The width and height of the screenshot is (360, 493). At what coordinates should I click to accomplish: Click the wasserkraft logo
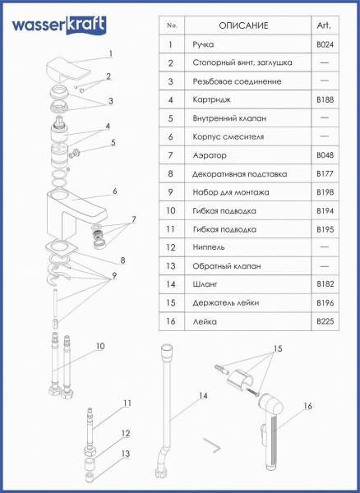click(x=59, y=25)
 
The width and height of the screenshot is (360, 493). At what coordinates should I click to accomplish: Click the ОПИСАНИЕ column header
click(x=243, y=25)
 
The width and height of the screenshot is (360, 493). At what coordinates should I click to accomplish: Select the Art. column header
click(x=324, y=25)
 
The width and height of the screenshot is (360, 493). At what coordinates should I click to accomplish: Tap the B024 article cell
click(x=325, y=44)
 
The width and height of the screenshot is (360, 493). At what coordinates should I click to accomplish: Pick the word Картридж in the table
click(x=211, y=100)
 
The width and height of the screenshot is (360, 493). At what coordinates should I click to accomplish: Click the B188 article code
click(x=325, y=100)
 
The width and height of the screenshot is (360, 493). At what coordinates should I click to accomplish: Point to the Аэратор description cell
click(x=210, y=155)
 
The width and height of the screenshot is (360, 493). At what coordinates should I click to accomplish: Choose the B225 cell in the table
click(x=325, y=321)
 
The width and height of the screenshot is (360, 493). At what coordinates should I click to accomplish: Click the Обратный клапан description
click(x=227, y=266)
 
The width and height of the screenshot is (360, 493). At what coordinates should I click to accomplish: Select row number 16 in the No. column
click(x=170, y=321)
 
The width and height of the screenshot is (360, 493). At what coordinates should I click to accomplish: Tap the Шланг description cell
click(x=205, y=284)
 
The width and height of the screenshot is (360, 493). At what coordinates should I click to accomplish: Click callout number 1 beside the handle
click(x=110, y=53)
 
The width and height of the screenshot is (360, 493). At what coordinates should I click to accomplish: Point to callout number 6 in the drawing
click(x=115, y=191)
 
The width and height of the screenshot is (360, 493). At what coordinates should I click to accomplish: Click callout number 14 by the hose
click(x=203, y=395)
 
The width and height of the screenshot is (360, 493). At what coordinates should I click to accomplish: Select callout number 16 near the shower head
click(x=307, y=406)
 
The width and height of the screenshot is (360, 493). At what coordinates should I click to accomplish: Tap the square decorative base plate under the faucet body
click(x=62, y=246)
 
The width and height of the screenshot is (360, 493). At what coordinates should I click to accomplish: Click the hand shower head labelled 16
click(x=271, y=431)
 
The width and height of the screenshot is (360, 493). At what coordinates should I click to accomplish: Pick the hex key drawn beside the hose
click(x=212, y=445)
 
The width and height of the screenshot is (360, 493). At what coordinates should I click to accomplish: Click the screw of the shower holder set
click(x=253, y=391)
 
